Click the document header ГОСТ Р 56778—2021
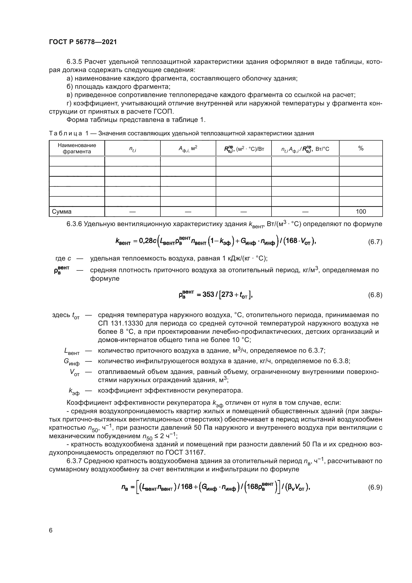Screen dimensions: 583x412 point(83,42)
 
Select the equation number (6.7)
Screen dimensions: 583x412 point(375,242)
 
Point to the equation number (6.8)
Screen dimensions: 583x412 point(375,295)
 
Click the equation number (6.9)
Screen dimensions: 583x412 point(375,488)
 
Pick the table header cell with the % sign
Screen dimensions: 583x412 point(361,149)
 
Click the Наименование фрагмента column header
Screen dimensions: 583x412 point(77,149)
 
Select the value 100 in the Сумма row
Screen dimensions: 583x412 point(361,212)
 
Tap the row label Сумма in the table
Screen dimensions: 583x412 point(62,212)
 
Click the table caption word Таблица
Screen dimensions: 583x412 point(66,133)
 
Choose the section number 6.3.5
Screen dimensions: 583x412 point(74,62)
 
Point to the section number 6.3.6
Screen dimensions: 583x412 point(74,224)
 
